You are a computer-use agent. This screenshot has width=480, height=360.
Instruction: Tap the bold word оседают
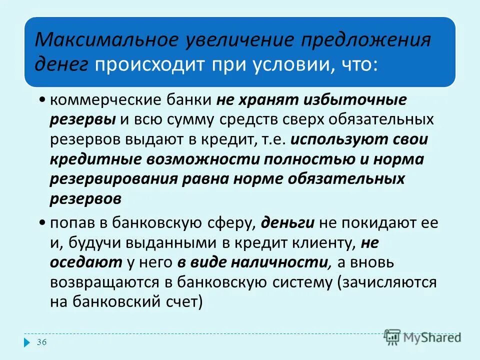coord(85,262)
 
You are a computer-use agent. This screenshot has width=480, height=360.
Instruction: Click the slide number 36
coord(42,342)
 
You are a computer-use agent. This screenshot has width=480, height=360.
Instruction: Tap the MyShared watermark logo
coord(423,337)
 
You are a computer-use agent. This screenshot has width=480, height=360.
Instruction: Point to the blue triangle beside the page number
coord(27,343)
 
